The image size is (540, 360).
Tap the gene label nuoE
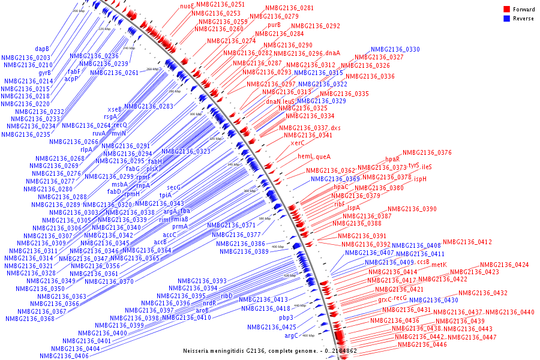[x=187, y=6]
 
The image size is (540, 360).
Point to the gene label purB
[x=274, y=25]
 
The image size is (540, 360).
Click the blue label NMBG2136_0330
[x=395, y=49]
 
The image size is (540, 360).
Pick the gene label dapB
[x=42, y=49]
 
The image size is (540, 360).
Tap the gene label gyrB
[x=45, y=73]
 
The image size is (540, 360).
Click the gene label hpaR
[x=392, y=160]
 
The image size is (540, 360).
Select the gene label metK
[x=439, y=265]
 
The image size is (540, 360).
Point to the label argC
[x=291, y=335]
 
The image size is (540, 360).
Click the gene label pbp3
[x=286, y=317]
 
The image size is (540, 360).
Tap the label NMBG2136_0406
[x=64, y=356]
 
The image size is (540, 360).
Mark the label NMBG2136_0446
[x=422, y=345]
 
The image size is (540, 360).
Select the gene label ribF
[x=340, y=204]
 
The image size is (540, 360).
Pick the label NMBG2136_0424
[x=504, y=265]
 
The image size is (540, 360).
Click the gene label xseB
[x=115, y=109]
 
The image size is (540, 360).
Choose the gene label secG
[x=173, y=187]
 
